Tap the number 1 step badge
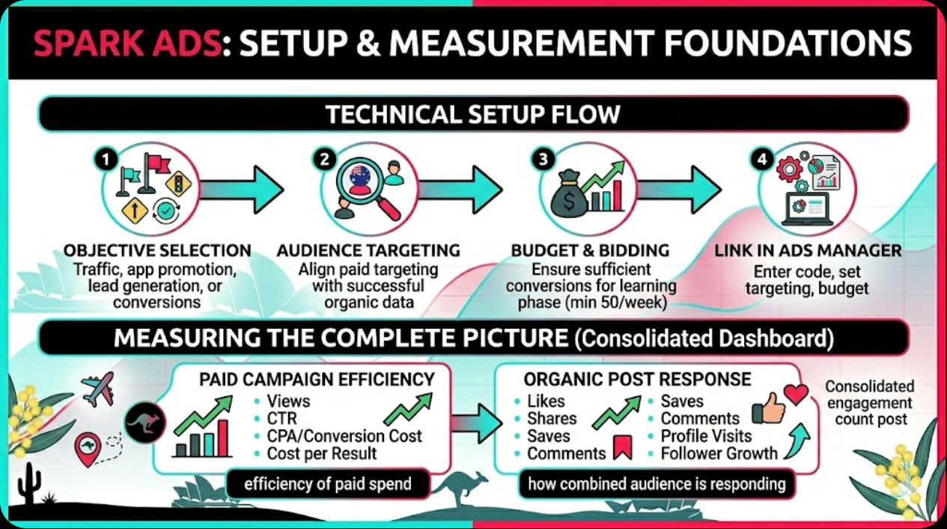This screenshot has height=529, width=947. [x=105, y=159]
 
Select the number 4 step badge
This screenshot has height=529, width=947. [x=761, y=159]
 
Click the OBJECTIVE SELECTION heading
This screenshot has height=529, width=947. [x=157, y=250]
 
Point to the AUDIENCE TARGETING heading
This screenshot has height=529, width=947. [x=368, y=250]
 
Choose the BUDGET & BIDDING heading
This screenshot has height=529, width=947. [x=591, y=250]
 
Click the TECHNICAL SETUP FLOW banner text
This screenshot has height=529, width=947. [x=472, y=115]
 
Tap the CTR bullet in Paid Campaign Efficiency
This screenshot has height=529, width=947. [x=281, y=418]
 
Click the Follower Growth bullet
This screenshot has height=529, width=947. [x=719, y=453]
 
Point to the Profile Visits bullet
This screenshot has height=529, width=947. [x=706, y=436]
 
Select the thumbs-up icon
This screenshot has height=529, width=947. [x=768, y=408]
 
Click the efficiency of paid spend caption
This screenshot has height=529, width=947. [x=328, y=484]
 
